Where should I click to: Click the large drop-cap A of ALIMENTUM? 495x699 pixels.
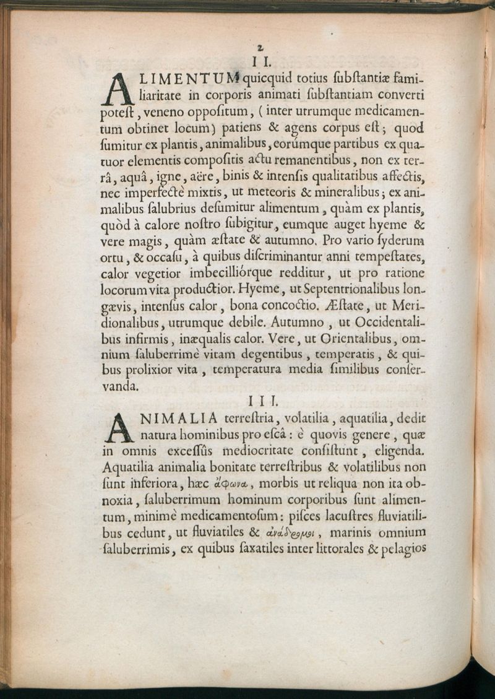point(116,87)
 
